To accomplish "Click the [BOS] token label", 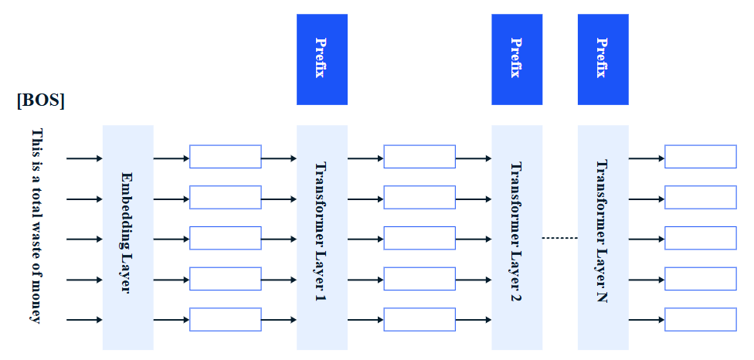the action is [x=41, y=100].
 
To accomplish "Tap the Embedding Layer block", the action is [x=128, y=237].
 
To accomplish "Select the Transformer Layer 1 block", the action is [x=321, y=237].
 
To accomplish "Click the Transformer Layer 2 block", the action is [x=517, y=237].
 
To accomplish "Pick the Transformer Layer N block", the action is [x=603, y=237].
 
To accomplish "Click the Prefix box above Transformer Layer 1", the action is [x=321, y=59].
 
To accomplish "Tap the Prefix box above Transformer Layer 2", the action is [x=517, y=59].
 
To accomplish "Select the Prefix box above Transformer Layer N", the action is [x=603, y=59].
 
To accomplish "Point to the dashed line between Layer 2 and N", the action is [x=560, y=238].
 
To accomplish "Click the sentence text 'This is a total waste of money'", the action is [x=36, y=226].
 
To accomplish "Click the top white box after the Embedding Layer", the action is [x=226, y=157].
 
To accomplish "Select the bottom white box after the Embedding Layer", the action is [x=226, y=320].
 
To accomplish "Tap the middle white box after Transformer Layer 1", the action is [x=419, y=238].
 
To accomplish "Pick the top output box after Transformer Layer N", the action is [x=701, y=157].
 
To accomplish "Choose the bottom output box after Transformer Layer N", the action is [x=701, y=320].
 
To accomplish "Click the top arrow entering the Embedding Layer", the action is [x=84, y=158].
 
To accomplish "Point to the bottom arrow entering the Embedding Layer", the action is [x=84, y=320].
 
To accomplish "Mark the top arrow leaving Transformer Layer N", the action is [x=647, y=158].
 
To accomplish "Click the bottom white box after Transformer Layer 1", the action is [x=419, y=320].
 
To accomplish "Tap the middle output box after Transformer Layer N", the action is [x=701, y=238].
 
